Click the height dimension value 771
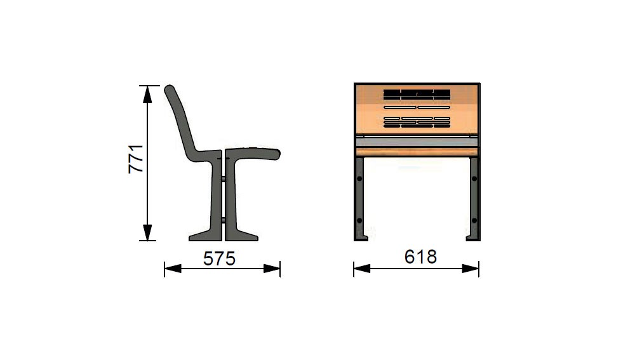tap(136, 159)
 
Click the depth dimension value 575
tap(219, 259)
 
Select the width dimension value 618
tap(420, 257)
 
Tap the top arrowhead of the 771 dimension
tap(147, 93)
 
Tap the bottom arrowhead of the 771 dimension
tap(147, 232)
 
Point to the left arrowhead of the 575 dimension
tap(173, 269)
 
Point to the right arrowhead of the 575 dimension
tap(272, 269)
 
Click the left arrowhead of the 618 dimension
tap(362, 269)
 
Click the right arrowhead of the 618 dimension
tap(471, 269)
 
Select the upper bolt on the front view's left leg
tap(359, 178)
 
